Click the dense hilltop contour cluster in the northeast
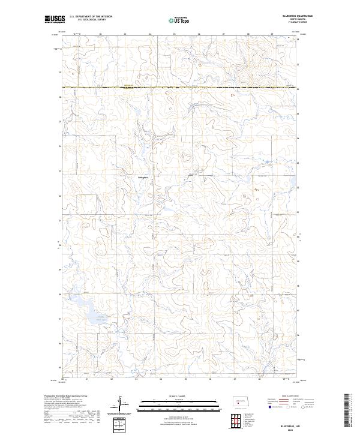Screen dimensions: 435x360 252,58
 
